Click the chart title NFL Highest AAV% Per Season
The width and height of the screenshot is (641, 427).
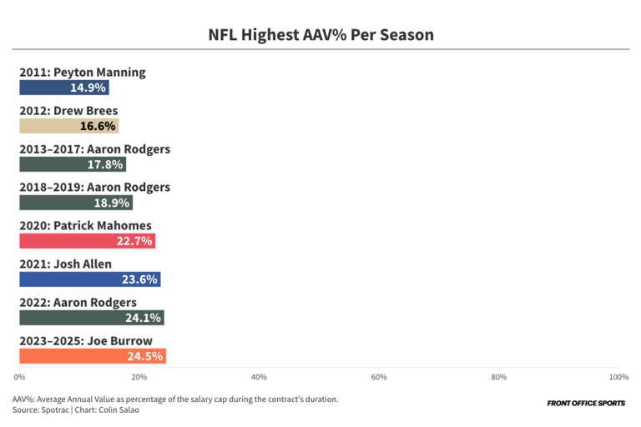(320, 35)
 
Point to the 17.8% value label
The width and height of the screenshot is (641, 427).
(106, 164)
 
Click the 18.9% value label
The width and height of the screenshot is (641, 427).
(113, 203)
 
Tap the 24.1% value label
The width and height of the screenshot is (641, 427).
(144, 318)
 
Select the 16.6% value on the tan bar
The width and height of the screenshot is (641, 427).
(98, 126)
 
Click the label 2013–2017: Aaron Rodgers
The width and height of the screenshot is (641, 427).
(94, 149)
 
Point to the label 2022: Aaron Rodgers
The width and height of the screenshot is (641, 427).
(78, 302)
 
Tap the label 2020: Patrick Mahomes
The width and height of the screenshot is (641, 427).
(85, 225)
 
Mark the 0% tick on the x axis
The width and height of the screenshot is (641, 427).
(20, 377)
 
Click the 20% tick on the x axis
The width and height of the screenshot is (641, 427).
(139, 377)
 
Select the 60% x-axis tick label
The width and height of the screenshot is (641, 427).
(379, 377)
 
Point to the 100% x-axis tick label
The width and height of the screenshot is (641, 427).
(618, 377)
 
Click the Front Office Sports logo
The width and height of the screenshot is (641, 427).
(585, 404)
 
